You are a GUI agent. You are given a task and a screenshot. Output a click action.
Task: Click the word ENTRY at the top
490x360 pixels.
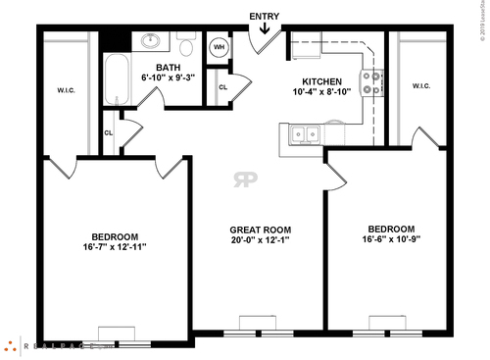[x=264, y=16]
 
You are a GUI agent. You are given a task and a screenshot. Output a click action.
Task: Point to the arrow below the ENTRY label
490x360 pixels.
[x=264, y=28]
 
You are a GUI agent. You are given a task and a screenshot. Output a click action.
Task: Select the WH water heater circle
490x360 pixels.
[x=219, y=46]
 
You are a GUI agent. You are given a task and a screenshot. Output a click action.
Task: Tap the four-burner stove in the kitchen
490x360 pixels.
[x=371, y=82]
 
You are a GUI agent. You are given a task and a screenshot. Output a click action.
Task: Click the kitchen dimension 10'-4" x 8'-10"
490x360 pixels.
[x=321, y=91]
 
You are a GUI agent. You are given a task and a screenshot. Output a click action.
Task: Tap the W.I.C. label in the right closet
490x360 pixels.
[x=421, y=85]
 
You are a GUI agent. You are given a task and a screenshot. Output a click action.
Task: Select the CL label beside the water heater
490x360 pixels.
[x=223, y=86]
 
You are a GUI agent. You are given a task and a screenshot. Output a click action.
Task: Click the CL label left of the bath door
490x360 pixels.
[x=109, y=131]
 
